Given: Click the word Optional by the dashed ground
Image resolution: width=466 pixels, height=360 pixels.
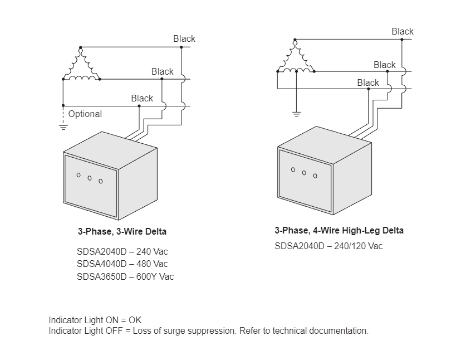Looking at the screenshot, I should coord(85,114).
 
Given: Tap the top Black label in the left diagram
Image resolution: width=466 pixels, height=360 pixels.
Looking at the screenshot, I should coord(184,38).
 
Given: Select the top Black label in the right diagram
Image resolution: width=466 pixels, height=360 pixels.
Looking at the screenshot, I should coord(403,31).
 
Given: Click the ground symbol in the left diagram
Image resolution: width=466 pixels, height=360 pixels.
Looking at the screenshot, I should coord(63,127).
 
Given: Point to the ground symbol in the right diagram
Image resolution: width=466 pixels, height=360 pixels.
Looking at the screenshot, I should coord(296,114).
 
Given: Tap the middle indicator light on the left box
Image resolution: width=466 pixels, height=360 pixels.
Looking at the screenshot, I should coord(89,178).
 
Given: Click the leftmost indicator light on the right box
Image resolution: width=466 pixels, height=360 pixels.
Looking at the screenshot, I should coord(293,169).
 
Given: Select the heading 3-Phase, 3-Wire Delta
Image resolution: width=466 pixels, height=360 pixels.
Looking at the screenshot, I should coord(122,231).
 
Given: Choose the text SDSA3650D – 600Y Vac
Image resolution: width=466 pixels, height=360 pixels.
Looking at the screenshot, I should coord(125,276).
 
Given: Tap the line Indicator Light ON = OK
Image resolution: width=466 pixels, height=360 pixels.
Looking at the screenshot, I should coord(95,320).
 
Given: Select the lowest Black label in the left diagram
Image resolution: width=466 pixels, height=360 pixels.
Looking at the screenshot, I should coord(142,98).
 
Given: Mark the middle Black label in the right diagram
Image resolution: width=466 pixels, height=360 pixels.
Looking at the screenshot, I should coord(384,65).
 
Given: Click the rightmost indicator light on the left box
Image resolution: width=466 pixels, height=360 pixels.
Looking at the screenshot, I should coord(101,181).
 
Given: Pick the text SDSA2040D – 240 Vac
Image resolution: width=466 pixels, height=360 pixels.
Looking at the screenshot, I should coord(122,251).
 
